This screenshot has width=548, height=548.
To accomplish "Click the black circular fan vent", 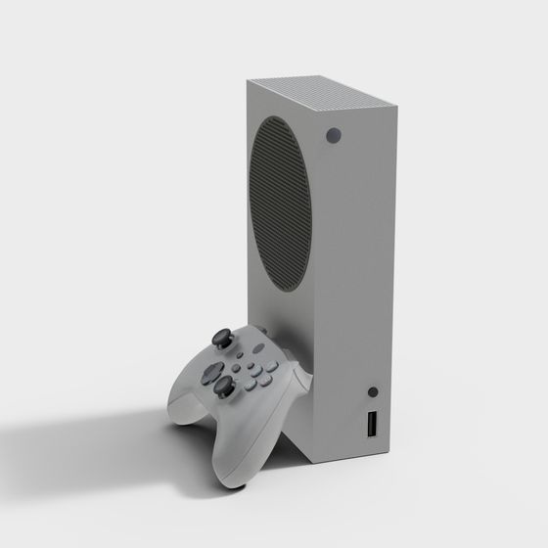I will (x=281, y=205).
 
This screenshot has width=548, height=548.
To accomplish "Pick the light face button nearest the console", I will (x=272, y=367).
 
